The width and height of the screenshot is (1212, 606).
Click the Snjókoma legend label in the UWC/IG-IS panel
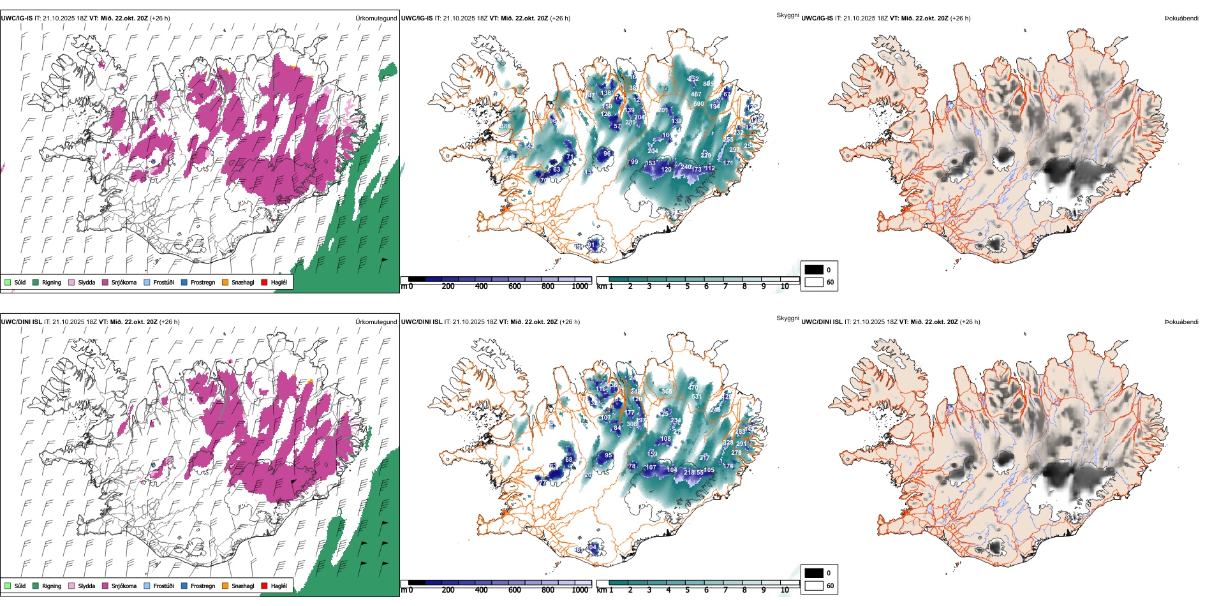pos(124,282)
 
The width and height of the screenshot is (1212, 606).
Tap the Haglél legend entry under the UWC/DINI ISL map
pos(279,586)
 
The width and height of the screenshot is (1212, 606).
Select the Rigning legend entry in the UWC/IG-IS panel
pos(52,282)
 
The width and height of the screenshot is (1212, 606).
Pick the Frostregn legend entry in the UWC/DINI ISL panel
pos(202,586)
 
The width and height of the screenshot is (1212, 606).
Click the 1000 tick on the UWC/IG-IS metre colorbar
pos(580,286)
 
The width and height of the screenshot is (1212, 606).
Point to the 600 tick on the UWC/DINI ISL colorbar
pos(515,590)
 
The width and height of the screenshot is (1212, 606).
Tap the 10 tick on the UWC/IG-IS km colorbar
pos(785,286)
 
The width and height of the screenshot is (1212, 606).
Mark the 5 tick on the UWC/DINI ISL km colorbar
pos(687,590)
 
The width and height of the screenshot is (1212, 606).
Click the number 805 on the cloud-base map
pos(708,84)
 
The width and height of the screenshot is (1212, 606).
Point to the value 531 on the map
pos(697,397)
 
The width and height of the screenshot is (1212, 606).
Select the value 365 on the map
pos(667,392)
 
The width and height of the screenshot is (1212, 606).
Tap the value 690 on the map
pos(698,104)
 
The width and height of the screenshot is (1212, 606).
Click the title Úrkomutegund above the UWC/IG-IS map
pos(376,18)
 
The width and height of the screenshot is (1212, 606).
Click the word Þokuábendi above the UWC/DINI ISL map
pos(1181,322)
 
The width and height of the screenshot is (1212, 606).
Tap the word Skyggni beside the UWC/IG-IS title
pos(787,15)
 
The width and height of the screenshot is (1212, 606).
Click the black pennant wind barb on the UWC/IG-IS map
pos(384,260)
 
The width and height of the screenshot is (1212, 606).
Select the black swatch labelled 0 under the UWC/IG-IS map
pos(814,270)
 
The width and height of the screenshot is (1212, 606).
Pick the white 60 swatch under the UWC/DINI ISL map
pos(814,586)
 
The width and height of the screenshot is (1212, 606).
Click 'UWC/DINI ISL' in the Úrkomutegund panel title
pos(21,322)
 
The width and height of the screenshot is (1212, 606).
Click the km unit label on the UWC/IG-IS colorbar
pos(602,286)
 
